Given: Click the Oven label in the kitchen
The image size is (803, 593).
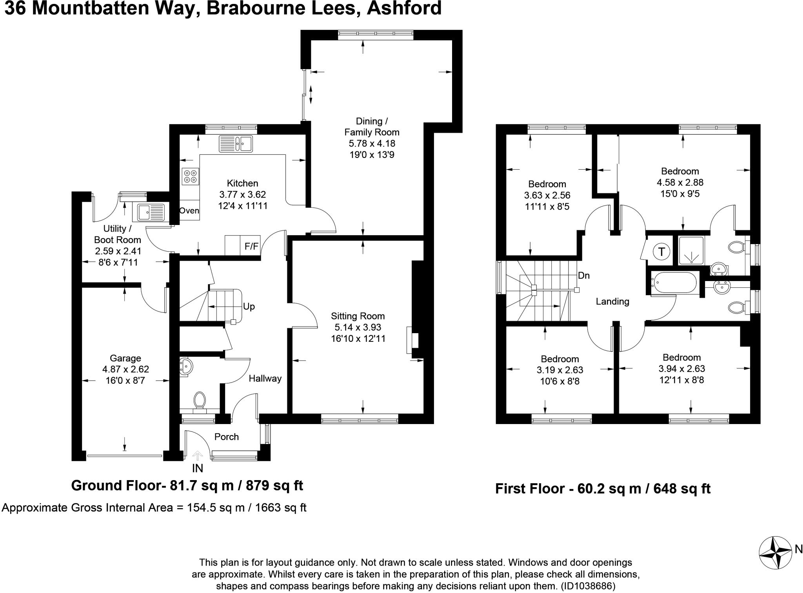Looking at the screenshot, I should pos(189,210).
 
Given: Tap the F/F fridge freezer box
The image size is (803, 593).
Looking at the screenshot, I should pos(252,246).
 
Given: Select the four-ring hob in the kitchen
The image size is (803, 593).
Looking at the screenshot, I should pos(191,176).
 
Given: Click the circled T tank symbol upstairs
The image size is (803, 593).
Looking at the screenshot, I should pos(662,251).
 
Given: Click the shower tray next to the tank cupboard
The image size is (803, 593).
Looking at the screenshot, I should pos(691,251).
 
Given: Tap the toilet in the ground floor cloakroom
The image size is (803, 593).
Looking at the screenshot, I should pos(200,401).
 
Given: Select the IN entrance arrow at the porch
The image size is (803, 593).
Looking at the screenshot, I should pos(197,456).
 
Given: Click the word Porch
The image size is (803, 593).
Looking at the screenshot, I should pos(227,437).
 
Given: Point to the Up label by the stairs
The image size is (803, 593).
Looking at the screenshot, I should pos(249,306).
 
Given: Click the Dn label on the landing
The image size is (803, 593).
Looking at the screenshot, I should pos(584,276).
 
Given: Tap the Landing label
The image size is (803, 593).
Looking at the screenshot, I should pos(612,301).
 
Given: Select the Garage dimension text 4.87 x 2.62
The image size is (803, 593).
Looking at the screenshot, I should pos(125,369).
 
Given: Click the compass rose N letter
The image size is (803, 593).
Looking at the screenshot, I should pos(798,550).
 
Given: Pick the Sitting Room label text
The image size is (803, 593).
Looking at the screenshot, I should pos(358,316).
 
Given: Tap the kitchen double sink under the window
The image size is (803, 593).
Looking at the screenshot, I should pos(236,143).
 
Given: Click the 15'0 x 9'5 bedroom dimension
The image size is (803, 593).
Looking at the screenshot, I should pos(680,194).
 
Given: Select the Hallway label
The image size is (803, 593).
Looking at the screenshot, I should pos(265,378).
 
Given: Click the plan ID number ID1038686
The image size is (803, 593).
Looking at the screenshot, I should pos(588,586).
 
